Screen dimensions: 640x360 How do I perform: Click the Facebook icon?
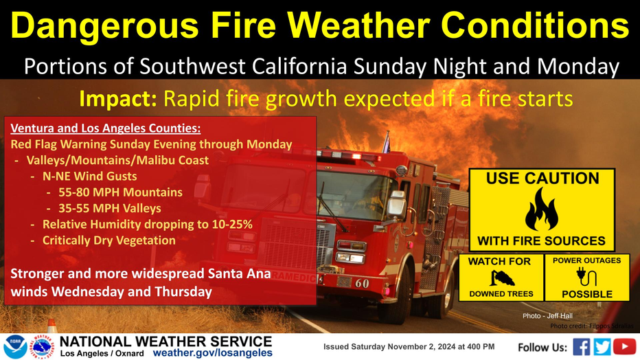coord(581,347)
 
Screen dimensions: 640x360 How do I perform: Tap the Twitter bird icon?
coord(602,347)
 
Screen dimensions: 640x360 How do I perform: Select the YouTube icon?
coord(624,347)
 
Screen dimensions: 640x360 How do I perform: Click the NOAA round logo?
coord(15,347)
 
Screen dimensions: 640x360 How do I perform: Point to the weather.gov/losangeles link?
coord(213,352)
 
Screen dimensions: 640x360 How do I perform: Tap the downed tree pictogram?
coord(502,278)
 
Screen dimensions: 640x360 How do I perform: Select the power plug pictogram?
coord(586,277)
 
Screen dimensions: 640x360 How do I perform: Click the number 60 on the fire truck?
coord(362,283)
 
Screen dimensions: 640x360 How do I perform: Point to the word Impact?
coord(118,99)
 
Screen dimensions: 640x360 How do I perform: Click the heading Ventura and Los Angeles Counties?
coord(106,128)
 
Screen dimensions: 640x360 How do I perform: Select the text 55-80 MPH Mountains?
coord(120,192)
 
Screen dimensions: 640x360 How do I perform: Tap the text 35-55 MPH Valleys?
coord(110,208)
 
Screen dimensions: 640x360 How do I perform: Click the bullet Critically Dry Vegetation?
coord(109,240)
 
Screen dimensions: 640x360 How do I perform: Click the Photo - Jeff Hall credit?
coord(547,316)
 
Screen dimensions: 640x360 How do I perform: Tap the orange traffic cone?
coord(52,326)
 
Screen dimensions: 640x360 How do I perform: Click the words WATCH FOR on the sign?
coord(499,261)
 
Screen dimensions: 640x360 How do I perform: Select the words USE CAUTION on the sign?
coord(542,179)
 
